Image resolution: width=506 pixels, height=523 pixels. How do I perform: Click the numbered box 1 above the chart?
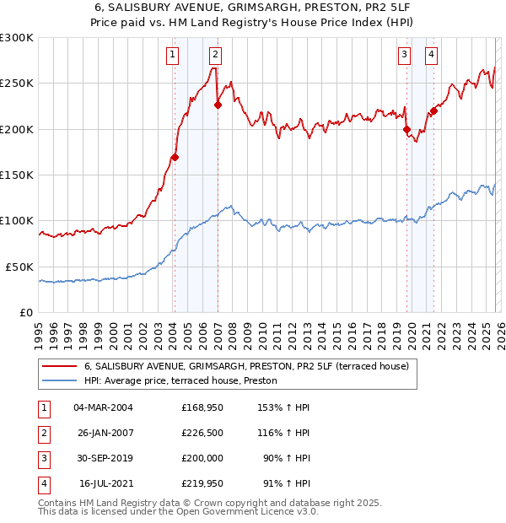(x=172, y=56)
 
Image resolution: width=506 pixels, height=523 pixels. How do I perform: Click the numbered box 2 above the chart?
(x=215, y=56)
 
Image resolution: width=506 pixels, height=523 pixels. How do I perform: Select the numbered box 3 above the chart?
(x=404, y=56)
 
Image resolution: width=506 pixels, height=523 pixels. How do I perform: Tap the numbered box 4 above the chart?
(x=431, y=56)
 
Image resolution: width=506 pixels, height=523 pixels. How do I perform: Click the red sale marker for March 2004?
(x=175, y=157)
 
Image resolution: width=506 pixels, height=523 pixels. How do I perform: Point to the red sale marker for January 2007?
(x=218, y=105)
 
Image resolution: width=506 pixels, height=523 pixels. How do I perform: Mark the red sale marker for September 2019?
(x=406, y=129)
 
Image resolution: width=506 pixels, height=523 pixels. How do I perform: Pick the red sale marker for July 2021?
(x=433, y=111)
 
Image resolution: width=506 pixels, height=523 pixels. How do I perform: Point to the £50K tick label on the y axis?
(x=19, y=267)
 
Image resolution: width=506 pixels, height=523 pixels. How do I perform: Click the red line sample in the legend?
(x=59, y=366)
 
